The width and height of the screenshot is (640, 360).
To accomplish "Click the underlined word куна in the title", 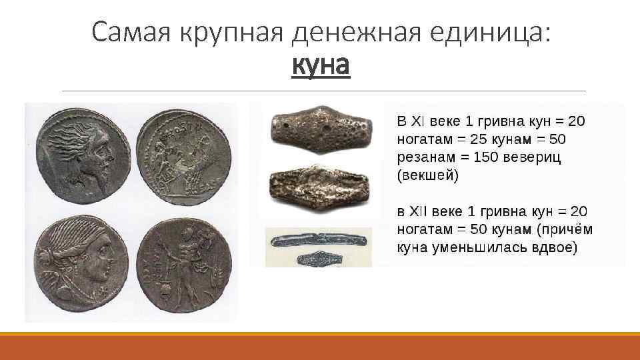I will pyautogui.click(x=321, y=66).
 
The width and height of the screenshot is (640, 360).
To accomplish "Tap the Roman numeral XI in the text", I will pyautogui.click(x=417, y=122).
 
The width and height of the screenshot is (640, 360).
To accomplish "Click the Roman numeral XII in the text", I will pyautogui.click(x=420, y=212).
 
